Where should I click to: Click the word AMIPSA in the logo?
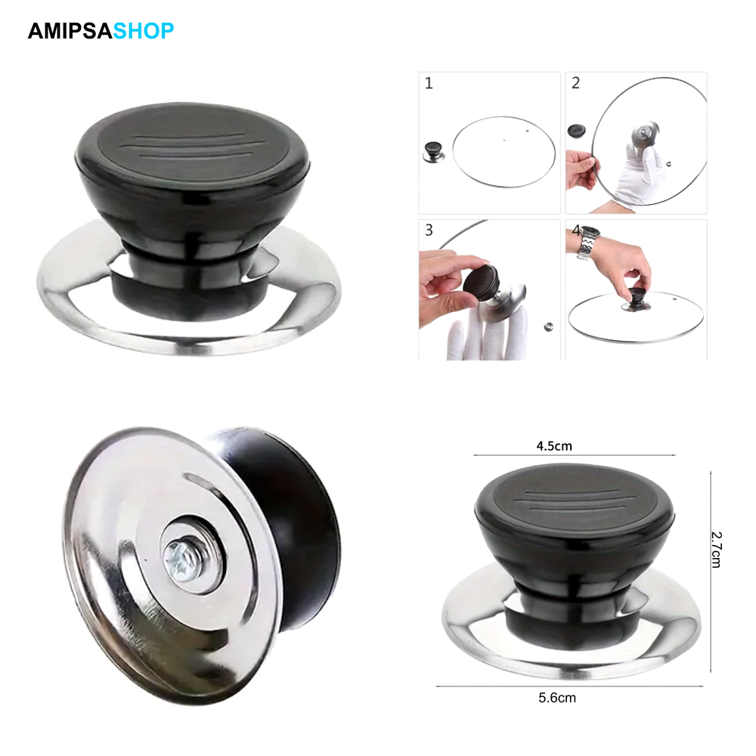(x=70, y=31)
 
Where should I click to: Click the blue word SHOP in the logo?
(x=143, y=31)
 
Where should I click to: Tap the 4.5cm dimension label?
(x=554, y=445)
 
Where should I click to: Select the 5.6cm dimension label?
(x=557, y=698)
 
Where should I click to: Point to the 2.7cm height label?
(x=717, y=550)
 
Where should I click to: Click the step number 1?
(x=429, y=83)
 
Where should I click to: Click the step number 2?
(x=575, y=83)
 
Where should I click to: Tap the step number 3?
(x=429, y=230)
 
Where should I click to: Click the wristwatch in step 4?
(x=589, y=243)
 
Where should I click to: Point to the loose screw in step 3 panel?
(x=548, y=327)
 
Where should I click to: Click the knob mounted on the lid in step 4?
(x=637, y=300)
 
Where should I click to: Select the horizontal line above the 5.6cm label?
(x=569, y=686)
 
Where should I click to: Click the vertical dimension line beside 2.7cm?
(x=711, y=572)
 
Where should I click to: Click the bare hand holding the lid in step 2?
(x=581, y=169)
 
